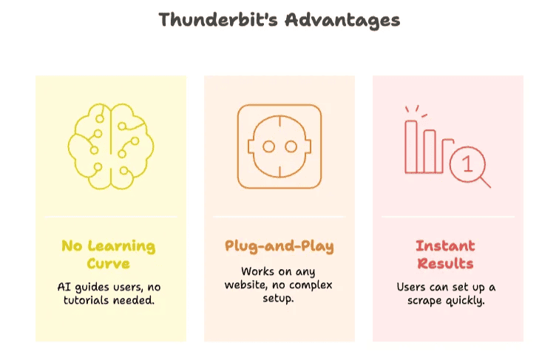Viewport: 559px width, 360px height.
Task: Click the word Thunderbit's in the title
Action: (218, 20)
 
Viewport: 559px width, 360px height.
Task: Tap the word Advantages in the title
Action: (342, 21)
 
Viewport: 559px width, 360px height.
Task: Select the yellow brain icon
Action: (111, 146)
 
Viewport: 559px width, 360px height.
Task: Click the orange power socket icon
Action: (279, 146)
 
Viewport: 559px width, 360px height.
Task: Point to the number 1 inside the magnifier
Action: (467, 164)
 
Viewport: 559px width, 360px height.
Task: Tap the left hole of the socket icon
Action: (269, 146)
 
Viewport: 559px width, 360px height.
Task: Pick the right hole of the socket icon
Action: (291, 146)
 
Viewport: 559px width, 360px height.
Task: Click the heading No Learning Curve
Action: (109, 254)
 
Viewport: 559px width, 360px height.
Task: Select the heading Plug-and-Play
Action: (279, 246)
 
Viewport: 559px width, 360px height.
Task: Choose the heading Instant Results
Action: (445, 254)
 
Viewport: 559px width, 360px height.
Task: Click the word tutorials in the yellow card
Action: (87, 300)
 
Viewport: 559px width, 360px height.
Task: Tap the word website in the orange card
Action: (246, 285)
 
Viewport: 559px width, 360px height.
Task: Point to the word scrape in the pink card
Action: (424, 301)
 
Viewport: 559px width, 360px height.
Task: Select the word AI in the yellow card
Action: (64, 287)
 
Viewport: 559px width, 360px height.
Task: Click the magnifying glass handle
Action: (486, 183)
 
